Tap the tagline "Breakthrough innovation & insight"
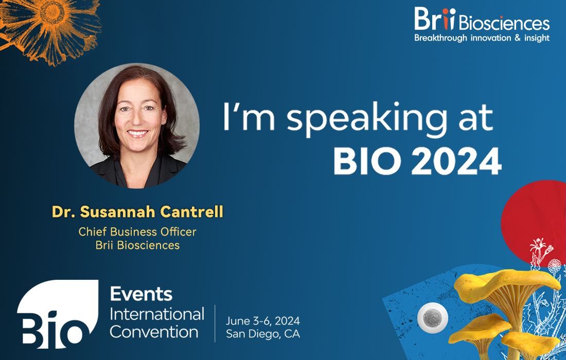point(482,38)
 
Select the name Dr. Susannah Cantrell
point(137,212)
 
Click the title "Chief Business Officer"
point(137,231)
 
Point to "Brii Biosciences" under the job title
point(137,245)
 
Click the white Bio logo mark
point(58,314)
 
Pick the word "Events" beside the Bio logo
point(141,294)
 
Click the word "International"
point(157,314)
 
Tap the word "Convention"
point(154,332)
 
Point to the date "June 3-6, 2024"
point(263,321)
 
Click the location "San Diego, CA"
point(263,334)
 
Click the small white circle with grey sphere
point(432,318)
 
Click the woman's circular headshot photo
point(137,126)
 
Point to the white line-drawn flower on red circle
point(541,250)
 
